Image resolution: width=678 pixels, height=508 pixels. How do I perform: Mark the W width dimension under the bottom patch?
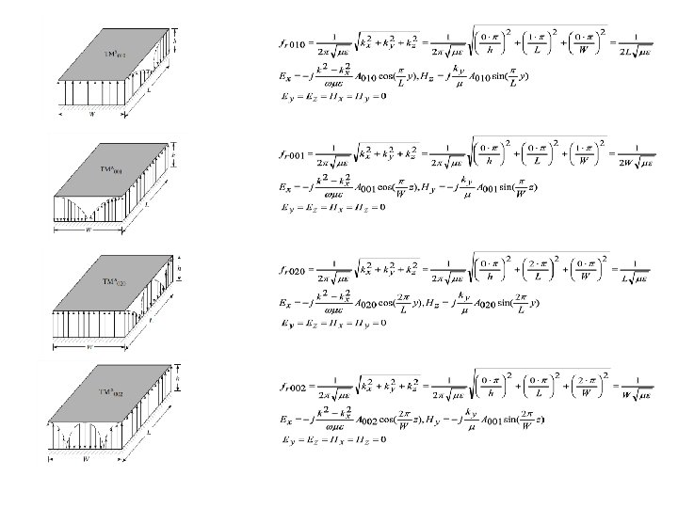(86, 460)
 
